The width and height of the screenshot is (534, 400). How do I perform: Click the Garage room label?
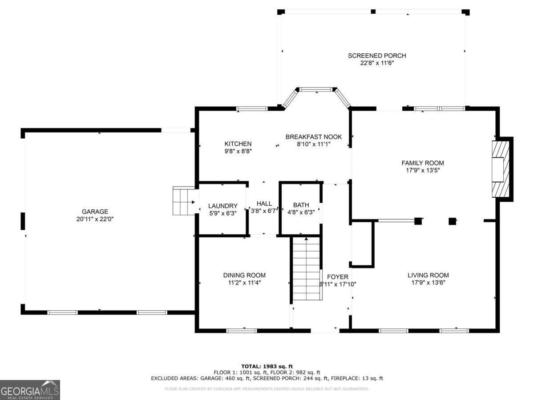(95, 212)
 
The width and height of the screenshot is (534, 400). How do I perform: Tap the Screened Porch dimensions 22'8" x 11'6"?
(377, 63)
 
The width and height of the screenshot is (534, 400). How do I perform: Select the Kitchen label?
(238, 144)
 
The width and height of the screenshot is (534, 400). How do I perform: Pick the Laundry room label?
(222, 206)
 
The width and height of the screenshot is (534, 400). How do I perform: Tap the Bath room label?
(301, 205)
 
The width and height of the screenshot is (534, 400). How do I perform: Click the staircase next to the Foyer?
(306, 268)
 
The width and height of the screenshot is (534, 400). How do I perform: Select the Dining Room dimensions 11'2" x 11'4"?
(244, 283)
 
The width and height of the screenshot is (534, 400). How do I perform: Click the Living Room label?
(430, 275)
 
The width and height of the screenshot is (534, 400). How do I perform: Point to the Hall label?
(264, 204)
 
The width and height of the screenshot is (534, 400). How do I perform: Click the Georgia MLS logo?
(30, 390)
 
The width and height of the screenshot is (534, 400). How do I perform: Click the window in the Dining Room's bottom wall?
(242, 330)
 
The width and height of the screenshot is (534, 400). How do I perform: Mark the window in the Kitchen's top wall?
(251, 108)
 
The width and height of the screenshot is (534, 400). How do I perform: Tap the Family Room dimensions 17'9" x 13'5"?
(422, 170)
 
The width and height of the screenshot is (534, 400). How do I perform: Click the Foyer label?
(337, 276)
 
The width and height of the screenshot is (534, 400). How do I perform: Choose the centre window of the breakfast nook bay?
(316, 89)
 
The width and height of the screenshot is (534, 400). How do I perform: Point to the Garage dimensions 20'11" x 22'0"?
(95, 219)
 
